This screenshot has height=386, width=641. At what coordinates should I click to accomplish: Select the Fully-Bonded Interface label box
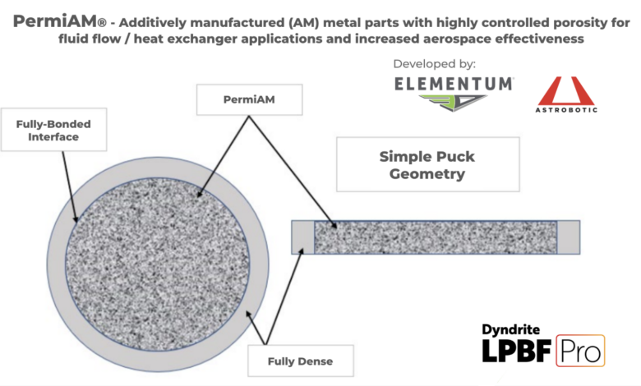(53, 131)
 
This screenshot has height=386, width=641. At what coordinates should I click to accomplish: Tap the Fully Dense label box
(300, 360)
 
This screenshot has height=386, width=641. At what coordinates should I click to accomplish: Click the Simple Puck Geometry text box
(427, 164)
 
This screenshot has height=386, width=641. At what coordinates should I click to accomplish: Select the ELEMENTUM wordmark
(454, 83)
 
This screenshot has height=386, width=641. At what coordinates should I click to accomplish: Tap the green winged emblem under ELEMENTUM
(454, 102)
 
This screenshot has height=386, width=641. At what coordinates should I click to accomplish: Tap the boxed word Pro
(580, 352)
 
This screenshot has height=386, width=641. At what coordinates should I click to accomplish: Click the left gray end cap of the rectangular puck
(303, 237)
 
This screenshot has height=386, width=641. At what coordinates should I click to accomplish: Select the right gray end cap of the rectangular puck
(569, 237)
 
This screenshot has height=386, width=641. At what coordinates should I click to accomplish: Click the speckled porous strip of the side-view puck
(436, 237)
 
